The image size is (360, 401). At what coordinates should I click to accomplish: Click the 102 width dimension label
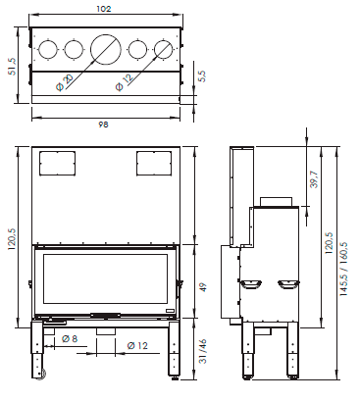[104, 9]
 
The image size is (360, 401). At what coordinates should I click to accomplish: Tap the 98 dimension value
[103, 125]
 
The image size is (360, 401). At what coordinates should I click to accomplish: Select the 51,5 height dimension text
[12, 67]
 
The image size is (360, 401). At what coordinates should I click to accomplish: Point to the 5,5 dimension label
[202, 76]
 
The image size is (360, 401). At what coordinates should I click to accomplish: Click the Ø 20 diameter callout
[65, 82]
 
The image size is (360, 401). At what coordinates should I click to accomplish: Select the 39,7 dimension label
[314, 179]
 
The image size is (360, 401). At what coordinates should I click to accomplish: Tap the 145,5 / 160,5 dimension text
[344, 269]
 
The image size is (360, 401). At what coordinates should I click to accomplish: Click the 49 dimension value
[203, 287]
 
